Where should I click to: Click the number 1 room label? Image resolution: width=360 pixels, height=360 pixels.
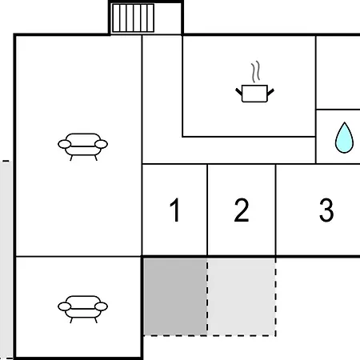(x=175, y=210)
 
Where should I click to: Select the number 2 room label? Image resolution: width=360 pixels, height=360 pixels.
(x=242, y=210)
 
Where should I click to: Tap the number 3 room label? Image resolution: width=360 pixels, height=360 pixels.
(x=326, y=210)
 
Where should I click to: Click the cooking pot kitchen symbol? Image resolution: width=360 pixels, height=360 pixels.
(x=254, y=82)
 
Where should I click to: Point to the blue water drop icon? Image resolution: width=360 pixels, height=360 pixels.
(x=344, y=138)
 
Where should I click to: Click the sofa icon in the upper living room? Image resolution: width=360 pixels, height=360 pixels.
(x=82, y=146)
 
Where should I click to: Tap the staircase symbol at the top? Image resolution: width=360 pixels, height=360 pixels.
(x=133, y=18)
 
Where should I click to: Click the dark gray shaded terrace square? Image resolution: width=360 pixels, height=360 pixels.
(x=175, y=296)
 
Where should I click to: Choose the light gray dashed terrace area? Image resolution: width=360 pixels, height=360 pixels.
(x=242, y=297)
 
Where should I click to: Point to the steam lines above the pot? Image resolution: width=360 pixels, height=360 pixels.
(x=255, y=71)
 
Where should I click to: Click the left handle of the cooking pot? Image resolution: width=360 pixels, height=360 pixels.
(x=238, y=92)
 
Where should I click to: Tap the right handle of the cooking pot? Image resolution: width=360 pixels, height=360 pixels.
(x=270, y=92)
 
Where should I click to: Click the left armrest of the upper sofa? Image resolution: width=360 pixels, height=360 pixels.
(x=65, y=144)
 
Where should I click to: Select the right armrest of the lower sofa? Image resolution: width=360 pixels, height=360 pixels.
(x=101, y=306)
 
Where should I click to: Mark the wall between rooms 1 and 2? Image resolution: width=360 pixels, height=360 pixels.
(x=207, y=210)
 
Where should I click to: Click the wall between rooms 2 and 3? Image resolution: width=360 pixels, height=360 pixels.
(x=276, y=210)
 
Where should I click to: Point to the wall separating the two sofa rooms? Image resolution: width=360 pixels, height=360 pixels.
(x=78, y=257)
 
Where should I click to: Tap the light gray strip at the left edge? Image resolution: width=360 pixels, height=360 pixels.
(x=6, y=260)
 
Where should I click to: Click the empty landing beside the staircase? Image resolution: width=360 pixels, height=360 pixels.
(x=168, y=18)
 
